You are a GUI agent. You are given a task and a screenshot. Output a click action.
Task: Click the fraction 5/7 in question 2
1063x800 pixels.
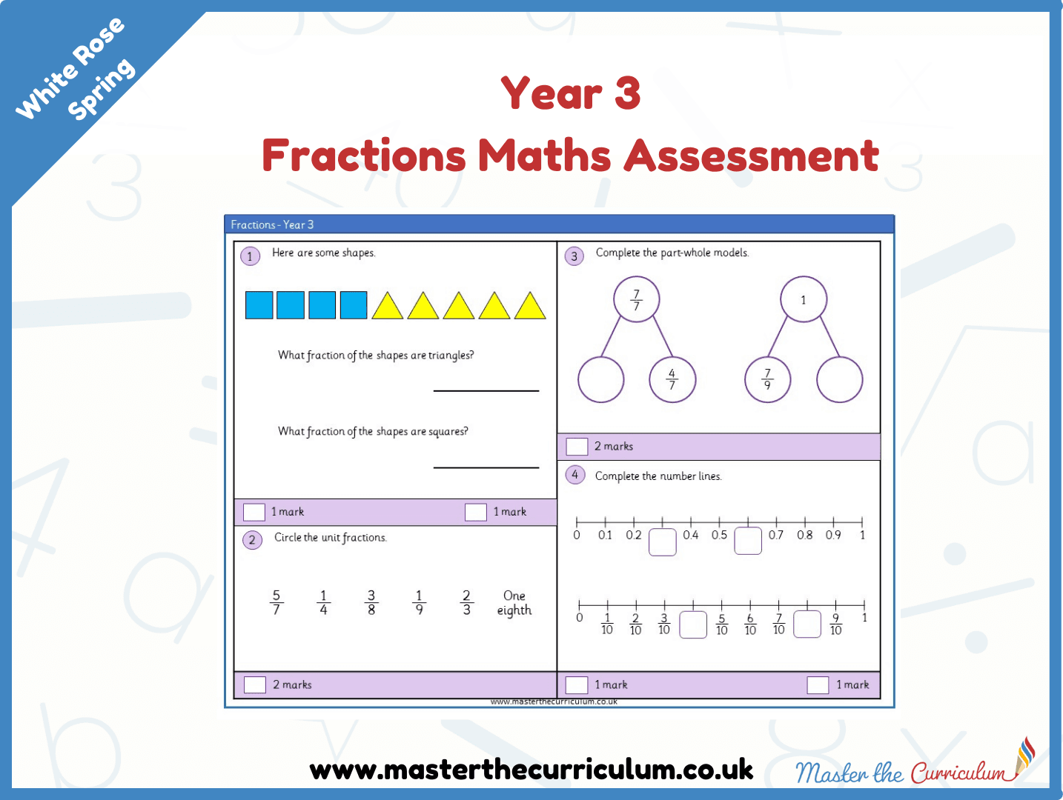(x=276, y=602)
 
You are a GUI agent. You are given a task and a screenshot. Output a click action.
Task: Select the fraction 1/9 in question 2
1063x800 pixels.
(x=419, y=602)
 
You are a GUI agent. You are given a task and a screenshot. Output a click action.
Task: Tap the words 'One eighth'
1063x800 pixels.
(x=514, y=603)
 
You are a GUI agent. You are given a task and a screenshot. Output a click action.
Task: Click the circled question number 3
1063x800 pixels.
(x=574, y=256)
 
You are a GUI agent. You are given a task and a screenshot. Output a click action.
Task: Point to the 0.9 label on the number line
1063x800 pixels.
(x=833, y=535)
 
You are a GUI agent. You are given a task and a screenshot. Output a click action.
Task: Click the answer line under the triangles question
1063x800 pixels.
(x=486, y=390)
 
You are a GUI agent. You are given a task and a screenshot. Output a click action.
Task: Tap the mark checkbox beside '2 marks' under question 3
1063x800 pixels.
(x=577, y=446)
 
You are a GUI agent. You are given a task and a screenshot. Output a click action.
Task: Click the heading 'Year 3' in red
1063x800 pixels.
(x=571, y=93)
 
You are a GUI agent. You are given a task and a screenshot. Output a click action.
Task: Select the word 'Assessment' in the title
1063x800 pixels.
(x=751, y=156)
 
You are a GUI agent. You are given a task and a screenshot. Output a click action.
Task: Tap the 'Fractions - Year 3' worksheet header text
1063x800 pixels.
(x=272, y=224)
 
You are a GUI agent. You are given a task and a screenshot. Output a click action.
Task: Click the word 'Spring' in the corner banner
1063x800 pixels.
(x=102, y=89)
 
